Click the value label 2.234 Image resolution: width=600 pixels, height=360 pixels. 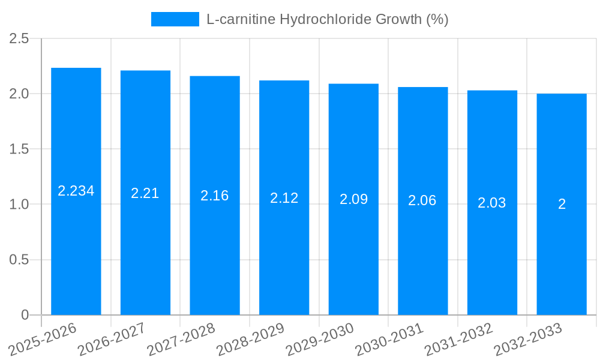[x=76, y=191]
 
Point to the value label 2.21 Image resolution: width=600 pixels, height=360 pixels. [x=145, y=193]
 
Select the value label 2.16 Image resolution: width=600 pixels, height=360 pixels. [x=215, y=196]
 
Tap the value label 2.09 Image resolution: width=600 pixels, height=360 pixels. [x=353, y=199]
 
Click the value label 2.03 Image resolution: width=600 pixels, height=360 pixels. [x=492, y=203]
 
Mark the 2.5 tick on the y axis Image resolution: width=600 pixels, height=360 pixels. [x=19, y=38]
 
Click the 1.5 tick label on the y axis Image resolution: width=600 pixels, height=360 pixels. [x=19, y=149]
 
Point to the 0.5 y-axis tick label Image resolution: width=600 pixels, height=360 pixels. [x=19, y=260]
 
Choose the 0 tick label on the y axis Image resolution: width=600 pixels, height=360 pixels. [x=25, y=315]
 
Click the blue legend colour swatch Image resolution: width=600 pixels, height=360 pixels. [x=175, y=19]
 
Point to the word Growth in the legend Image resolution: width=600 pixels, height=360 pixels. [x=399, y=19]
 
